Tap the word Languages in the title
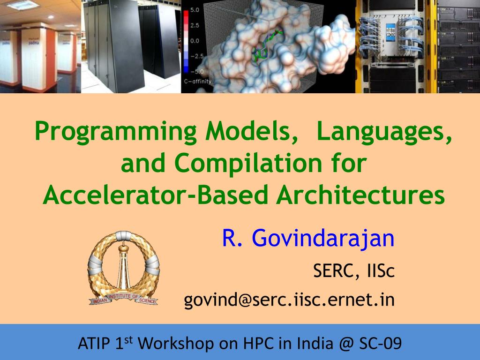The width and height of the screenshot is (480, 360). (384, 132)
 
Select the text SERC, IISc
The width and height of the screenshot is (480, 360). (353, 270)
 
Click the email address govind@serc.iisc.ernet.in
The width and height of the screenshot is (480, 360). (289, 299)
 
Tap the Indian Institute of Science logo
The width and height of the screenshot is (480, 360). (123, 267)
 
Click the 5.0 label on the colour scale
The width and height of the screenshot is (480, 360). (195, 9)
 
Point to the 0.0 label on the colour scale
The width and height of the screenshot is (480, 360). (195, 40)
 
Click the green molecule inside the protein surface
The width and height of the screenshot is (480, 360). (265, 47)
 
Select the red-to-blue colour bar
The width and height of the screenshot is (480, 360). (186, 40)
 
